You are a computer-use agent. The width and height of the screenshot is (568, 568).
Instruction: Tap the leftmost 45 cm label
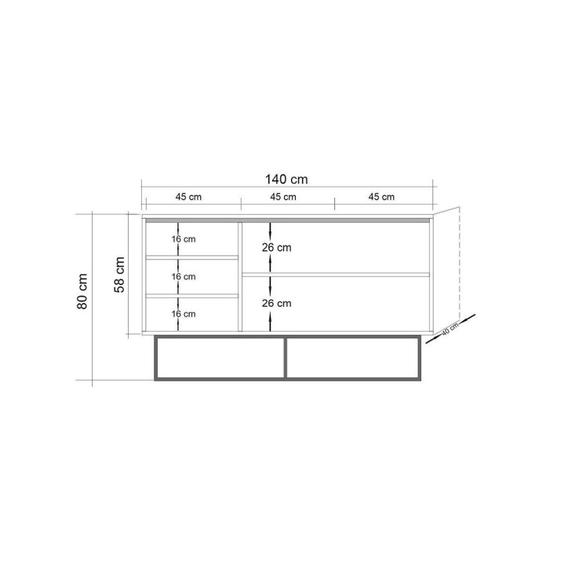point(188,197)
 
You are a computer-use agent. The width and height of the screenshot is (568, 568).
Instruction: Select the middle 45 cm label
point(283,197)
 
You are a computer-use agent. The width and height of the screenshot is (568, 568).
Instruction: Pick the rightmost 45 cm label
point(381,197)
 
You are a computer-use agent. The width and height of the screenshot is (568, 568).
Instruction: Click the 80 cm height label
point(83,291)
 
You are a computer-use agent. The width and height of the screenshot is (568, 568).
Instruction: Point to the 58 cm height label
point(121,274)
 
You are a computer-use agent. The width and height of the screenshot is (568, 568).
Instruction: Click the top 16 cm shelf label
point(184,238)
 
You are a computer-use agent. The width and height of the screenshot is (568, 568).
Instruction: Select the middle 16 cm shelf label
point(184,277)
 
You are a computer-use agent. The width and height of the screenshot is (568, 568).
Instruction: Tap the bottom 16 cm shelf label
point(184,314)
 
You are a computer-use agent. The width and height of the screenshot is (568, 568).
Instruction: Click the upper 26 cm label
point(278,247)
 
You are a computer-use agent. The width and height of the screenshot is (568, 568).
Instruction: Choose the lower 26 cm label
point(278,304)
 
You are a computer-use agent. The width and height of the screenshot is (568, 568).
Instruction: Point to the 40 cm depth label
point(449,330)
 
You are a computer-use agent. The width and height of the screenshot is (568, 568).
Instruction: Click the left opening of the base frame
point(220,359)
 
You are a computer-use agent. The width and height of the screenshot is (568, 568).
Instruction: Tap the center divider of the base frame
point(286,359)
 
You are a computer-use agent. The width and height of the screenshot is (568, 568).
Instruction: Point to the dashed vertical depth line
point(458,259)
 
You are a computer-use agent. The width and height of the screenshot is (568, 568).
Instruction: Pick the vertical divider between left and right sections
point(240,275)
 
